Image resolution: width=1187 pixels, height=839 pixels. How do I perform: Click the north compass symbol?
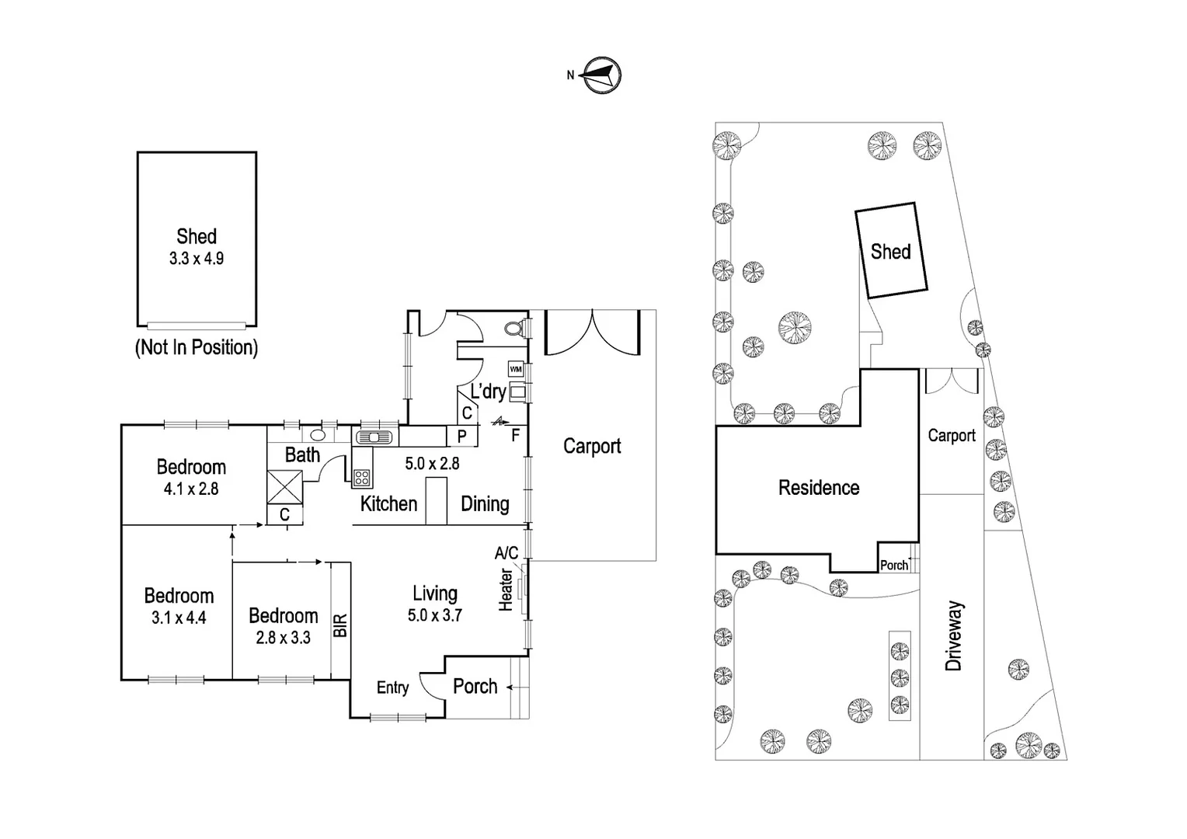pyautogui.click(x=601, y=75)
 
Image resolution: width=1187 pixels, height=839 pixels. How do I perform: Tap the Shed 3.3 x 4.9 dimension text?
pyautogui.click(x=197, y=259)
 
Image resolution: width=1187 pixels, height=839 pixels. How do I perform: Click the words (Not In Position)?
pyautogui.click(x=197, y=347)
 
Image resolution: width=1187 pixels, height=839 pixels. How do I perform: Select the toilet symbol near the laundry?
pyautogui.click(x=513, y=329)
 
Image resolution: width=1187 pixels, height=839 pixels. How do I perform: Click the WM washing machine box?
pyautogui.click(x=516, y=369)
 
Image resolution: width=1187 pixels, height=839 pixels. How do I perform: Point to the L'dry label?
pyautogui.click(x=488, y=391)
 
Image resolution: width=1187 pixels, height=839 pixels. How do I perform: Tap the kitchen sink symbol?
pyautogui.click(x=376, y=437)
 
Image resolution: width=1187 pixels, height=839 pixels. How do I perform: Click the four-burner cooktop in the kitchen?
pyautogui.click(x=361, y=477)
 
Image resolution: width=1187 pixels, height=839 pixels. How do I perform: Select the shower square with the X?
pyautogui.click(x=284, y=488)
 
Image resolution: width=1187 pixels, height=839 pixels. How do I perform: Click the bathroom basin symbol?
pyautogui.click(x=318, y=435)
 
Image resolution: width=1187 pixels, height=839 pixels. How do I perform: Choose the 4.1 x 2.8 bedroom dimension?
pyautogui.click(x=191, y=489)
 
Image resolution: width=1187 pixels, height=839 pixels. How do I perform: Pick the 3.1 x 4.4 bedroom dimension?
pyautogui.click(x=179, y=618)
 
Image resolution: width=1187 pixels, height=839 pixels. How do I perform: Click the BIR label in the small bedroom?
pyautogui.click(x=340, y=625)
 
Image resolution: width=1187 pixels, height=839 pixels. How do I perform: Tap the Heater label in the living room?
pyautogui.click(x=506, y=590)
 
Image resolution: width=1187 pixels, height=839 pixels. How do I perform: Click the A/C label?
pyautogui.click(x=506, y=553)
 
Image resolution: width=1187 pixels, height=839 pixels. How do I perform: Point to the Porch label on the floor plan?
pyautogui.click(x=475, y=686)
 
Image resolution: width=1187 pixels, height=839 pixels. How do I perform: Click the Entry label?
pyautogui.click(x=392, y=688)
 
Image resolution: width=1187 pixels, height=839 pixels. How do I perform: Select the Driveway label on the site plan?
pyautogui.click(x=954, y=635)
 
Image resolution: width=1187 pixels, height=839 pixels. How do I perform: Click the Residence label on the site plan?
pyautogui.click(x=819, y=488)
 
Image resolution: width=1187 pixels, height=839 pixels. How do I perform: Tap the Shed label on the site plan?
pyautogui.click(x=890, y=252)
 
